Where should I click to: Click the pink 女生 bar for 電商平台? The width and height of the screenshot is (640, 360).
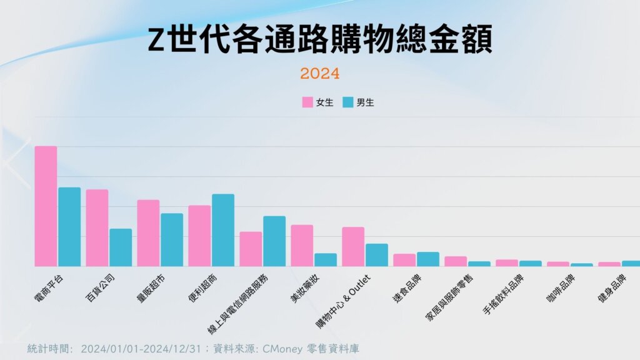(x=46, y=206)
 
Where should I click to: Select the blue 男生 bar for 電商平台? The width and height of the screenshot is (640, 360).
(x=69, y=227)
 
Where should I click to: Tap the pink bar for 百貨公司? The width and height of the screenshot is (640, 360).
(x=97, y=228)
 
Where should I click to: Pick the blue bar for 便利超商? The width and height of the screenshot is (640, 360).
(x=223, y=230)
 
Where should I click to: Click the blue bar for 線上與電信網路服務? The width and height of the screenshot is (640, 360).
(x=274, y=241)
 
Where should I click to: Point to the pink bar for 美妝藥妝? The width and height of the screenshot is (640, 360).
(x=302, y=246)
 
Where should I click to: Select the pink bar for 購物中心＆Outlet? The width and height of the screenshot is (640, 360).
(x=353, y=247)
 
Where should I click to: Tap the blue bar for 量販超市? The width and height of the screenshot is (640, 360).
(x=172, y=240)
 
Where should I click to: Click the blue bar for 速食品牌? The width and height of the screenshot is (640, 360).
(x=428, y=259)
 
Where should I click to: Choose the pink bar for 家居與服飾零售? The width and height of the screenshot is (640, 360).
(x=456, y=261)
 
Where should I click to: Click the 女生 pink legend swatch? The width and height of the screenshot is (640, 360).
(x=307, y=102)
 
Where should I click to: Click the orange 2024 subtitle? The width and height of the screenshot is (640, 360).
(x=319, y=74)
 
